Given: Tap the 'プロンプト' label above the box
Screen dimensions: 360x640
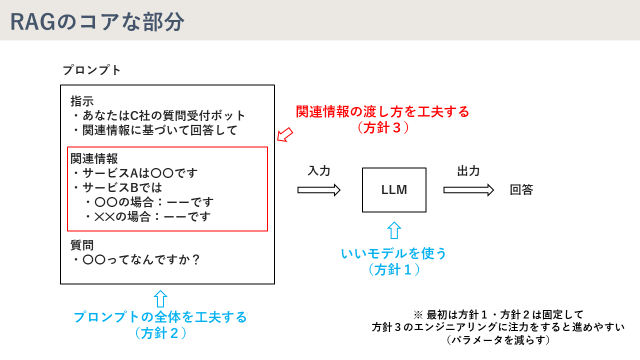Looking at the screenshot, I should pyautogui.click(x=92, y=70).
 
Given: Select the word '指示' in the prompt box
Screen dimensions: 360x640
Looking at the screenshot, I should pyautogui.click(x=82, y=102).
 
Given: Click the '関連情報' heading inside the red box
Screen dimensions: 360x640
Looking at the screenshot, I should pyautogui.click(x=94, y=158).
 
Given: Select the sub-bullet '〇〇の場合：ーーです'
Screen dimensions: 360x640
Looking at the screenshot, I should pyautogui.click(x=152, y=201).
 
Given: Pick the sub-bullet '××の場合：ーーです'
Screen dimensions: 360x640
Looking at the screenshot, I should pyautogui.click(x=152, y=215).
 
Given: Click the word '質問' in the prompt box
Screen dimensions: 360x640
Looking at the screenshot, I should pyautogui.click(x=82, y=244).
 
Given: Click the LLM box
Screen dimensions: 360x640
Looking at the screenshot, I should pyautogui.click(x=394, y=189).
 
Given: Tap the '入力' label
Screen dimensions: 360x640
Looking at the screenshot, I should pyautogui.click(x=319, y=171).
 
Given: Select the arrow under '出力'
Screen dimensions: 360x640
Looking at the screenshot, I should pyautogui.click(x=467, y=189).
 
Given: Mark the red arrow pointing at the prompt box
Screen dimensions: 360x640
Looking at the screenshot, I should pyautogui.click(x=283, y=133).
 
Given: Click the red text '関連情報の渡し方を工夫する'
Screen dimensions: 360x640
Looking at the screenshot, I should pyautogui.click(x=383, y=111).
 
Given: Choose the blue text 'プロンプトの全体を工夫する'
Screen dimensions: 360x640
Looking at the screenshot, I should pyautogui.click(x=160, y=316).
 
